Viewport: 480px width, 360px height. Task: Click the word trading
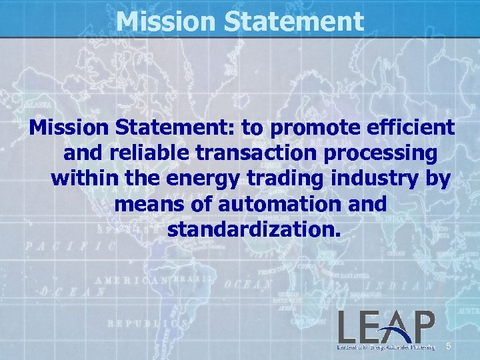click(x=278, y=179)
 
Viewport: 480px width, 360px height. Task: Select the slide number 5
click(x=449, y=346)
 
